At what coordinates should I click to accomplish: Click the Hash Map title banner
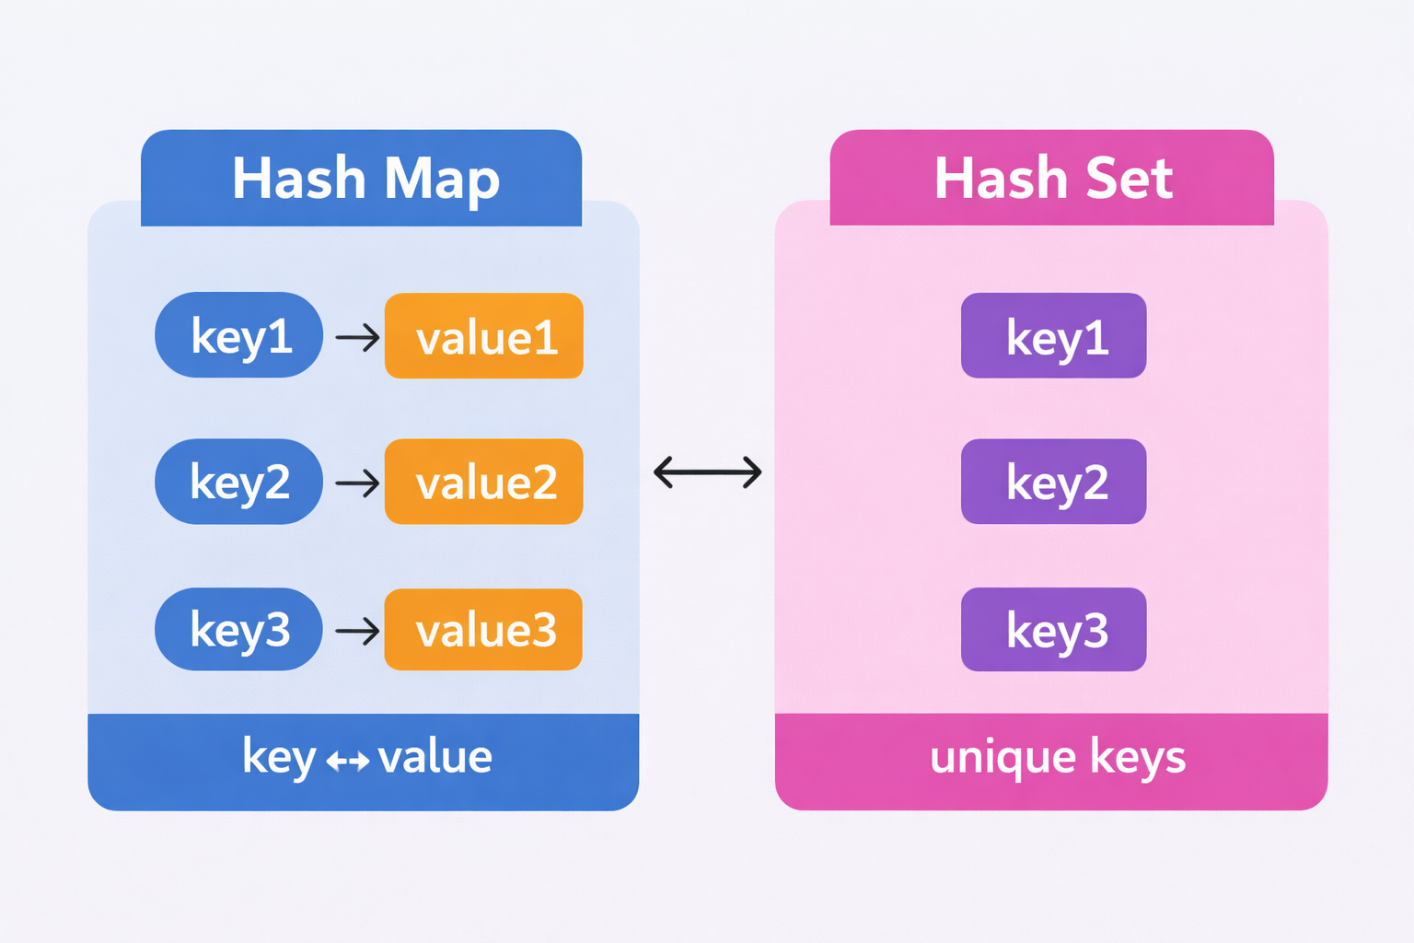coord(361,178)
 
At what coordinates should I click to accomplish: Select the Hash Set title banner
coord(1051,178)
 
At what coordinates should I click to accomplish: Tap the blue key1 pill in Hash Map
coord(239,335)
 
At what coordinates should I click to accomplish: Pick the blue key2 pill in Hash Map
coord(239,482)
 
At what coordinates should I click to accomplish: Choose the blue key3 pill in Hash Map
coord(239,629)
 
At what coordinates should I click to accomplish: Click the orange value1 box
coord(484,336)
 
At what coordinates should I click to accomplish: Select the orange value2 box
coord(484,482)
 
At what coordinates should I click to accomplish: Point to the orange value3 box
coord(484,630)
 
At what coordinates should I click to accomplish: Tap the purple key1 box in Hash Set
coord(1054,336)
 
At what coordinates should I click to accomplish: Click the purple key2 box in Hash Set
coord(1054,482)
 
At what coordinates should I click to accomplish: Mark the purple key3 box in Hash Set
coord(1054,630)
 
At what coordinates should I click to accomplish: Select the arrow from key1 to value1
coord(357,337)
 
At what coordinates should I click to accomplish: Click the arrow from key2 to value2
coord(357,483)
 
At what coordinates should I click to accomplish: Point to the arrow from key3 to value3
coord(357,631)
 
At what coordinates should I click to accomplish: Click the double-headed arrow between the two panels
coord(707,472)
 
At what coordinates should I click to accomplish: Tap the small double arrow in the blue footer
coord(348,761)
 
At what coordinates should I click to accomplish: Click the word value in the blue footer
coord(435,757)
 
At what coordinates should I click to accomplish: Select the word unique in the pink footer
coord(1003,758)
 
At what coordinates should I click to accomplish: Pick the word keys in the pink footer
coord(1138,758)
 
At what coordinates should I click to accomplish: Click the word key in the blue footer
coord(279,758)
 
